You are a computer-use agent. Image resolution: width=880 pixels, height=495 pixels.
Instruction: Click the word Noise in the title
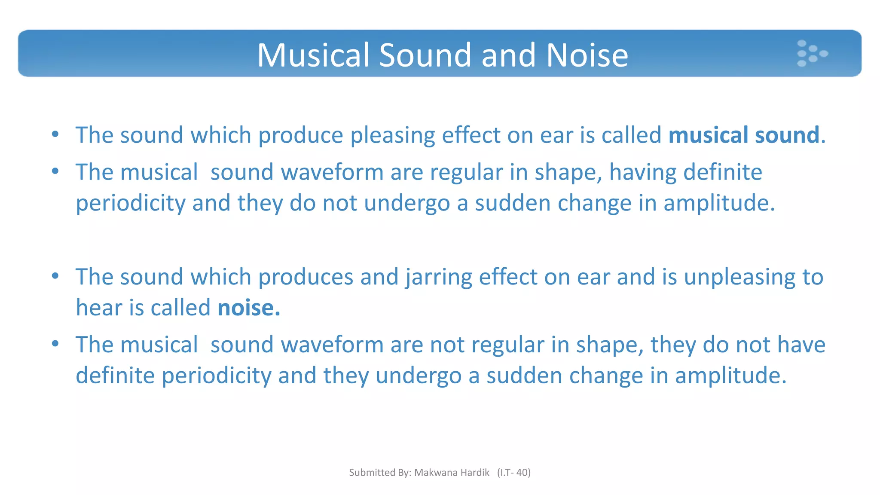point(587,55)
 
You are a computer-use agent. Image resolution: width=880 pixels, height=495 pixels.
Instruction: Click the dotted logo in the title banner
point(811,54)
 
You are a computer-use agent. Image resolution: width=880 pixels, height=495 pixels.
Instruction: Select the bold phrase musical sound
point(744,135)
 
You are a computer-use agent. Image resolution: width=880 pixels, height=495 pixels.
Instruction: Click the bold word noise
point(248,308)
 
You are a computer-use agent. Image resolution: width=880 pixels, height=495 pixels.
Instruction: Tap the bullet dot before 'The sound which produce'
point(55,134)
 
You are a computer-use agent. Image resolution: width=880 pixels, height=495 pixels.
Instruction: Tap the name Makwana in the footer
point(435,473)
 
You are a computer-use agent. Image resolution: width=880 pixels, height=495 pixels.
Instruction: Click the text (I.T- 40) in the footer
point(514,473)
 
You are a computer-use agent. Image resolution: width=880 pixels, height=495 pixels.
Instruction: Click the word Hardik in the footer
point(475,473)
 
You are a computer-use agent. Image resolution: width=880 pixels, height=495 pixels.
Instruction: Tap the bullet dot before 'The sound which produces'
point(55,276)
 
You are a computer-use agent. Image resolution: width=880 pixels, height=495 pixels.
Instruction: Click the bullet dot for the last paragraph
point(55,344)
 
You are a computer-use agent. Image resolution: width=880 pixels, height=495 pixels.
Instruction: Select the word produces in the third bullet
point(306,277)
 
